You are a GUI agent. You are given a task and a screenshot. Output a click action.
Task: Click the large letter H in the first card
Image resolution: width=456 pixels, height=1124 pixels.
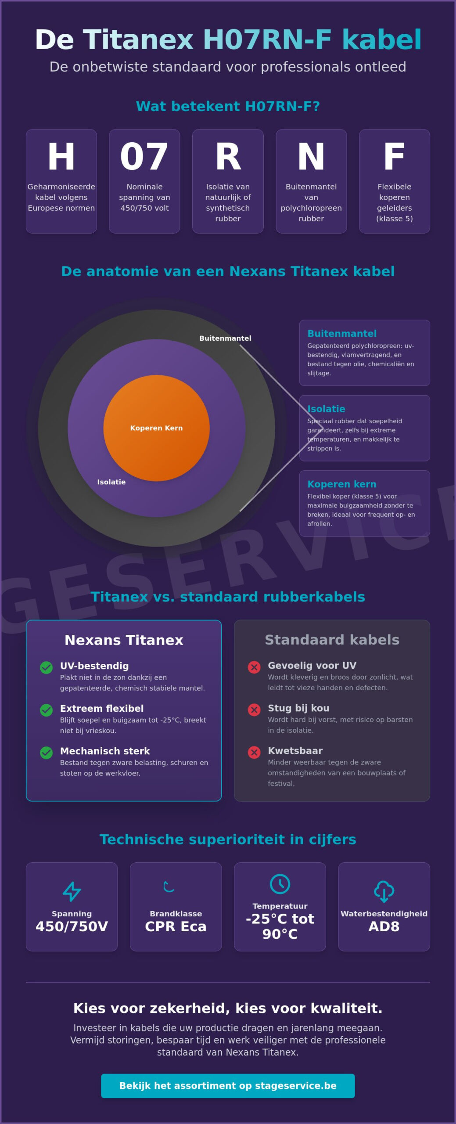click(61, 156)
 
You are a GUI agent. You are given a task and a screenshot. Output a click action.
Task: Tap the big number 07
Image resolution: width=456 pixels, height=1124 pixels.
click(144, 156)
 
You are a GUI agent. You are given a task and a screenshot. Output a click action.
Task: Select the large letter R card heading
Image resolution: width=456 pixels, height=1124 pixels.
click(228, 156)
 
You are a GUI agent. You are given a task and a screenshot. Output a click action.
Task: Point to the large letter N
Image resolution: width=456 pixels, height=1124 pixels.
click(311, 156)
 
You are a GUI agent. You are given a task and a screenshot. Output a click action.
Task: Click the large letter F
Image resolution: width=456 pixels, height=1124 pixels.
click(394, 156)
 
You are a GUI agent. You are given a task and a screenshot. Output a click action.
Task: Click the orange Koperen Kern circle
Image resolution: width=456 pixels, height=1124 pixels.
click(156, 428)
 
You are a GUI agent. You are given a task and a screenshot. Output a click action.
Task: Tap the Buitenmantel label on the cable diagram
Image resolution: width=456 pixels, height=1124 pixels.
click(225, 338)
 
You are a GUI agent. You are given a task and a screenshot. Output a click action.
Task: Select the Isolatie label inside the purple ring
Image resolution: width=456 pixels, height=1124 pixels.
click(111, 482)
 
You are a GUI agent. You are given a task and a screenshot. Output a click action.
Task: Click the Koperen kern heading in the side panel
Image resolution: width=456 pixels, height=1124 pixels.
click(342, 484)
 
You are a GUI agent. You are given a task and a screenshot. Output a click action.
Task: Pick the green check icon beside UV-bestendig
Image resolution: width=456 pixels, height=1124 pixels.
click(46, 667)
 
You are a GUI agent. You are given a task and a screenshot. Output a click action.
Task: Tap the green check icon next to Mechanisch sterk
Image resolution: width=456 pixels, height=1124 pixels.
click(46, 753)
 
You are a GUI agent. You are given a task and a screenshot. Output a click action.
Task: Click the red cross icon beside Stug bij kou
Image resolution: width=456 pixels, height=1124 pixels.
click(254, 710)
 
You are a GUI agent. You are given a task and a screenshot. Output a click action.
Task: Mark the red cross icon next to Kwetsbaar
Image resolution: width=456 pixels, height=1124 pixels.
click(254, 752)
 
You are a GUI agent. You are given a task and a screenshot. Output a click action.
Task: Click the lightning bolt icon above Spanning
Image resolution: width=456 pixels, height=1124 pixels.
click(72, 891)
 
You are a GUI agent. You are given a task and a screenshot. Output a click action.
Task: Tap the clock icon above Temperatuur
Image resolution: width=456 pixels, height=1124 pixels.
click(280, 884)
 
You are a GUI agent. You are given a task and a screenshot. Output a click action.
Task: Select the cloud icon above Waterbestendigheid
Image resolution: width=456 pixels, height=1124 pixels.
click(384, 891)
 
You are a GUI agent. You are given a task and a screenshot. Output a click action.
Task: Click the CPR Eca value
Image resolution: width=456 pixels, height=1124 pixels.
click(176, 926)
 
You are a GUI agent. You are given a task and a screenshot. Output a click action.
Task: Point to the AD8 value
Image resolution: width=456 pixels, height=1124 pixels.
click(384, 926)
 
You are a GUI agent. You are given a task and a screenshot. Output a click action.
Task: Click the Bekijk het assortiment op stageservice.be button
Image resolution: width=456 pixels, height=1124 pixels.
click(228, 1086)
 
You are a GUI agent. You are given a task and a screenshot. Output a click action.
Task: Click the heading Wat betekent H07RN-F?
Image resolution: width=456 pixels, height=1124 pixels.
click(228, 106)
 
